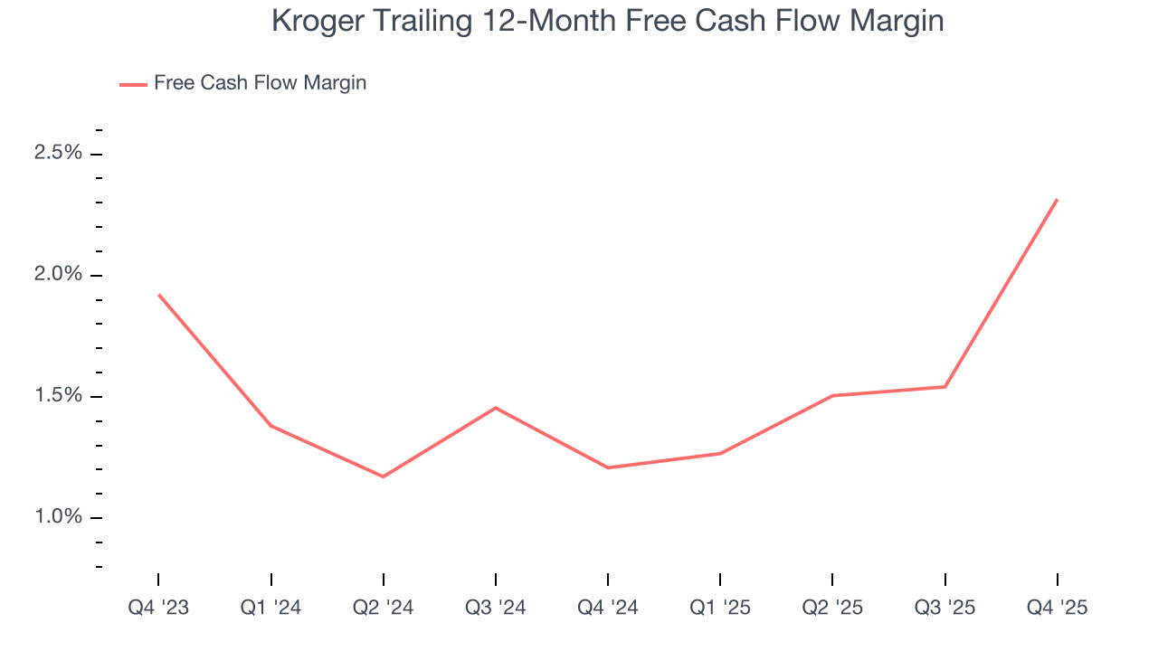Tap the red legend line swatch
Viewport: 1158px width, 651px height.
coord(133,84)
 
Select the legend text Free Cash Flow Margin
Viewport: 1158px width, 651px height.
coord(260,83)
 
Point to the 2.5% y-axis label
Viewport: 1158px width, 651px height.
coord(58,153)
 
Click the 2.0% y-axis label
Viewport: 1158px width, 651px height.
coord(58,275)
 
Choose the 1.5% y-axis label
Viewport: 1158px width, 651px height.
coord(58,396)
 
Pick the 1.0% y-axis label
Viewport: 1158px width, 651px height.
coord(58,517)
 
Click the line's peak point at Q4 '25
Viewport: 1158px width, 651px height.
coord(1057,200)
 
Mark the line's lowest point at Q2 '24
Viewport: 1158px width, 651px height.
coord(383,476)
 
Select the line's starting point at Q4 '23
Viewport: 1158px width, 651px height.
coord(159,295)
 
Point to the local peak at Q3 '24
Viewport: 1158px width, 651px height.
coord(495,408)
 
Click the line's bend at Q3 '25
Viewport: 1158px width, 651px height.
coord(944,387)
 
